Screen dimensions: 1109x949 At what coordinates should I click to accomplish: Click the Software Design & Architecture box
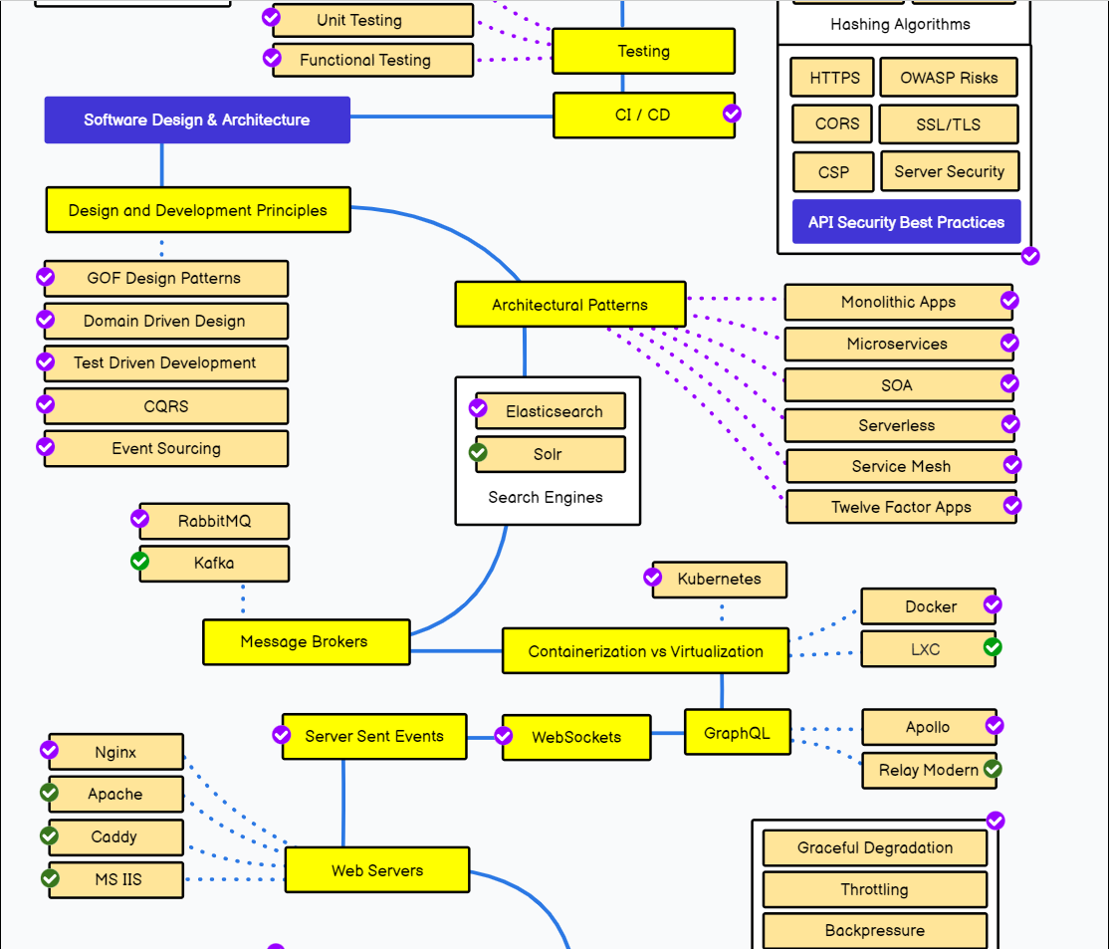coord(197,119)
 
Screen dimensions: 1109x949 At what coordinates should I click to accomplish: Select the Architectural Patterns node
coord(570,305)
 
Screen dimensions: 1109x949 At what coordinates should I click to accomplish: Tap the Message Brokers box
coord(307,642)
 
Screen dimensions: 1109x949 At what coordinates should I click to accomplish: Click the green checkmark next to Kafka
coord(140,562)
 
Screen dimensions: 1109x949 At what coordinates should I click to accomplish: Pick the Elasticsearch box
coord(551,411)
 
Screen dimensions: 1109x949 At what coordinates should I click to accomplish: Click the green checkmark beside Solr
coord(478,451)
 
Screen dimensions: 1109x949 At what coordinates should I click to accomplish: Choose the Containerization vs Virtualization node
coord(645,651)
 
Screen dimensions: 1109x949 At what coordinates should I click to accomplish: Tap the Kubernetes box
coord(720,579)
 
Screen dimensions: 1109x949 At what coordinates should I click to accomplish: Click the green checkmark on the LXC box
coord(993,647)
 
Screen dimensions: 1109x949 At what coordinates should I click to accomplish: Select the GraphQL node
coord(737,733)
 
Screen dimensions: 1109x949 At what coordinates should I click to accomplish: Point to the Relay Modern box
coord(929,770)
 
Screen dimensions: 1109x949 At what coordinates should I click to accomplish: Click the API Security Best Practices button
coord(906,221)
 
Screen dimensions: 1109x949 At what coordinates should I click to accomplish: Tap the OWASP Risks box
coord(949,77)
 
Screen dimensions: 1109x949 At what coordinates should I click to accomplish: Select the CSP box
coord(833,172)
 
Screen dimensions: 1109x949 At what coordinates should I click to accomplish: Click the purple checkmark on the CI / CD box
coord(732,114)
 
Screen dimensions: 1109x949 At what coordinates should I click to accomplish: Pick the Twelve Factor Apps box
coord(901,507)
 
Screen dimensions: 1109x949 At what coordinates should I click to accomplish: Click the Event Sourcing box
coord(166,449)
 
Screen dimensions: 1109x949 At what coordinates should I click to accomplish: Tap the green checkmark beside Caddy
coord(50,835)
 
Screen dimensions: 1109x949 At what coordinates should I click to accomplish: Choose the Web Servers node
coord(377,869)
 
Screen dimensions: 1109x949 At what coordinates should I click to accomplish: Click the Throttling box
coord(875,889)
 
